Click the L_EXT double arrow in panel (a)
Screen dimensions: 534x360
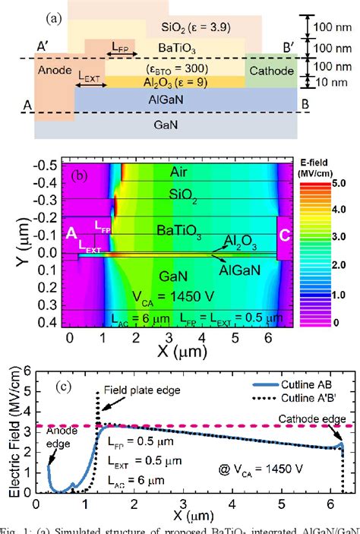click(x=92, y=85)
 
